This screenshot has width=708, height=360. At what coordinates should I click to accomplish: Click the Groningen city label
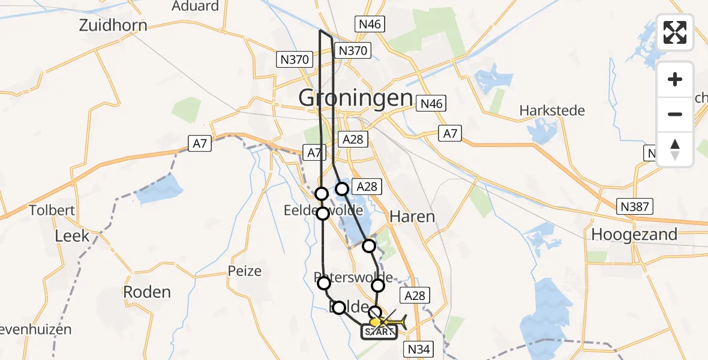coord(355,98)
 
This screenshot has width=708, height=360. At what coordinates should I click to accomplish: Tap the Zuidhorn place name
coord(113,26)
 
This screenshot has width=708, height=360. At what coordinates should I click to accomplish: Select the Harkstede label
coord(552,111)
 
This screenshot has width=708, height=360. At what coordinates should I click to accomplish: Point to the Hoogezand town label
coord(634,234)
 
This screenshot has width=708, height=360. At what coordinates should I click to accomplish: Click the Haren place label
coord(412,216)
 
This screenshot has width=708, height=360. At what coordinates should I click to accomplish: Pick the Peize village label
coord(245,271)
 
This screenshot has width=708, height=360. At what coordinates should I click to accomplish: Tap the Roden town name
coord(147,292)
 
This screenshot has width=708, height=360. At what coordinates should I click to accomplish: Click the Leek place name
coord(72,236)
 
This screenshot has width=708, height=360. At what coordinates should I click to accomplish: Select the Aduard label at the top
coord(195,7)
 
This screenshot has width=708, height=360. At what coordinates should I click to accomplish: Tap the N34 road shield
coord(419,349)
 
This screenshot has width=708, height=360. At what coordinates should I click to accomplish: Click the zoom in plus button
coord(675,79)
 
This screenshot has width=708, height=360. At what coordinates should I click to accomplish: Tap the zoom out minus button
coord(675,114)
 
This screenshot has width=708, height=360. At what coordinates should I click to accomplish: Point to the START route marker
coord(379,331)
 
